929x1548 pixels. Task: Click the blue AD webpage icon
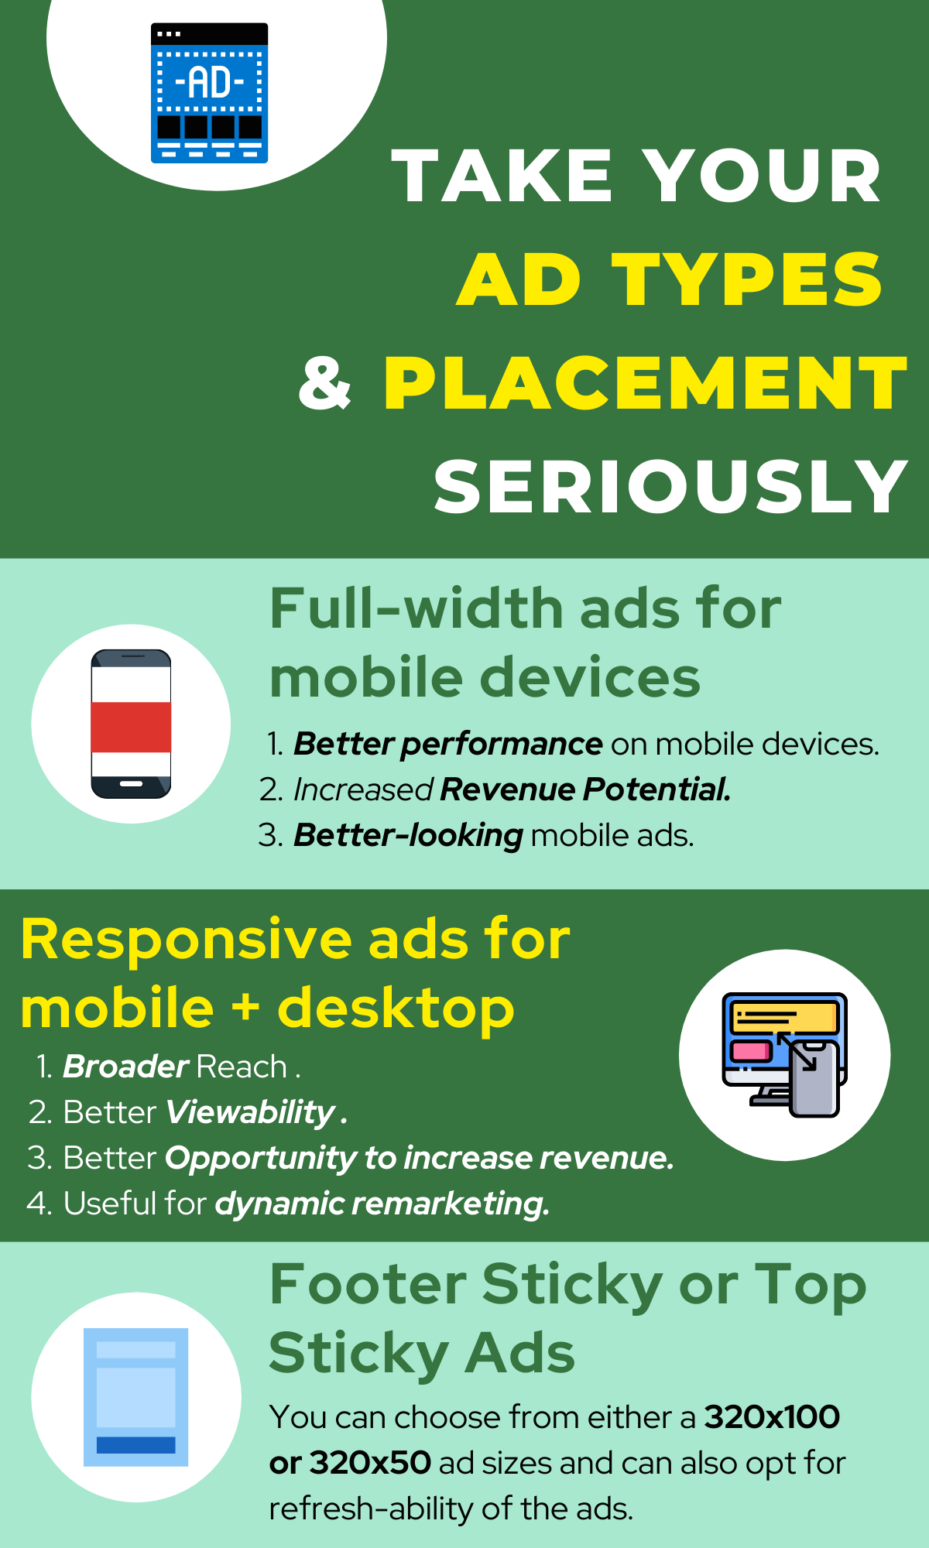point(209,93)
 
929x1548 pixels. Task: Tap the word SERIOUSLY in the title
point(670,486)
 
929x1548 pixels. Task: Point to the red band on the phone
point(131,727)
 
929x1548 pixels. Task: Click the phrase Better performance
point(447,745)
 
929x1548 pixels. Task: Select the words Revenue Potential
point(585,789)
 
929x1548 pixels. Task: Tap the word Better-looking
point(408,835)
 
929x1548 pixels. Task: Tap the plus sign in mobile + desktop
point(245,1009)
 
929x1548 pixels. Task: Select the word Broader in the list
point(125,1067)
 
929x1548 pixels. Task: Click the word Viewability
point(250,1113)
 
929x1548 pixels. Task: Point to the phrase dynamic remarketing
point(382,1204)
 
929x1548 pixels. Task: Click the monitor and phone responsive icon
point(785,1055)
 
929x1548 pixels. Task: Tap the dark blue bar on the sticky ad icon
point(136,1445)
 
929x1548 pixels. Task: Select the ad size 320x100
point(772,1417)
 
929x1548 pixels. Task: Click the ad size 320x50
point(370,1463)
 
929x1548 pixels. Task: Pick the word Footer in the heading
point(368,1285)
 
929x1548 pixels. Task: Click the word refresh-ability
point(371,1509)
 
